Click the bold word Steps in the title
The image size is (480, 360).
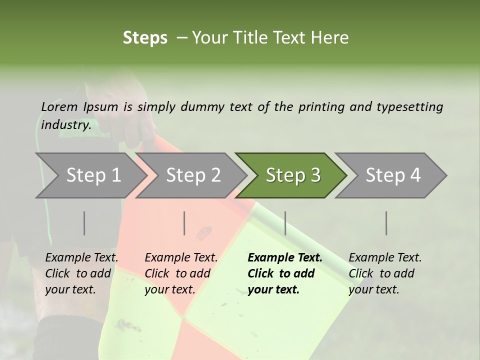point(145,38)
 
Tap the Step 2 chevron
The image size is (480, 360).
point(193,175)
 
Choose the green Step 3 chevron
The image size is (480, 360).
point(293,175)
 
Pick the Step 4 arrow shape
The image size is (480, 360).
point(393,175)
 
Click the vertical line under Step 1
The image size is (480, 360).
point(84,223)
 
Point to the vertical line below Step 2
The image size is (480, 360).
point(184,223)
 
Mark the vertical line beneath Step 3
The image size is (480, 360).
point(285,223)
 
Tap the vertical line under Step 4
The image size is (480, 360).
point(386,223)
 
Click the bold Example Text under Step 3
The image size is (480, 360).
point(285,258)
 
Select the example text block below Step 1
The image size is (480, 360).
point(81,273)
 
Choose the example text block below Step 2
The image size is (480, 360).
point(181,273)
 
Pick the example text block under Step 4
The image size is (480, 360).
point(385,273)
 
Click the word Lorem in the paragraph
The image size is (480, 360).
point(59,106)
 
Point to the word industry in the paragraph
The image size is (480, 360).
point(65,124)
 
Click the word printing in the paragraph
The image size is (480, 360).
point(320,107)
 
